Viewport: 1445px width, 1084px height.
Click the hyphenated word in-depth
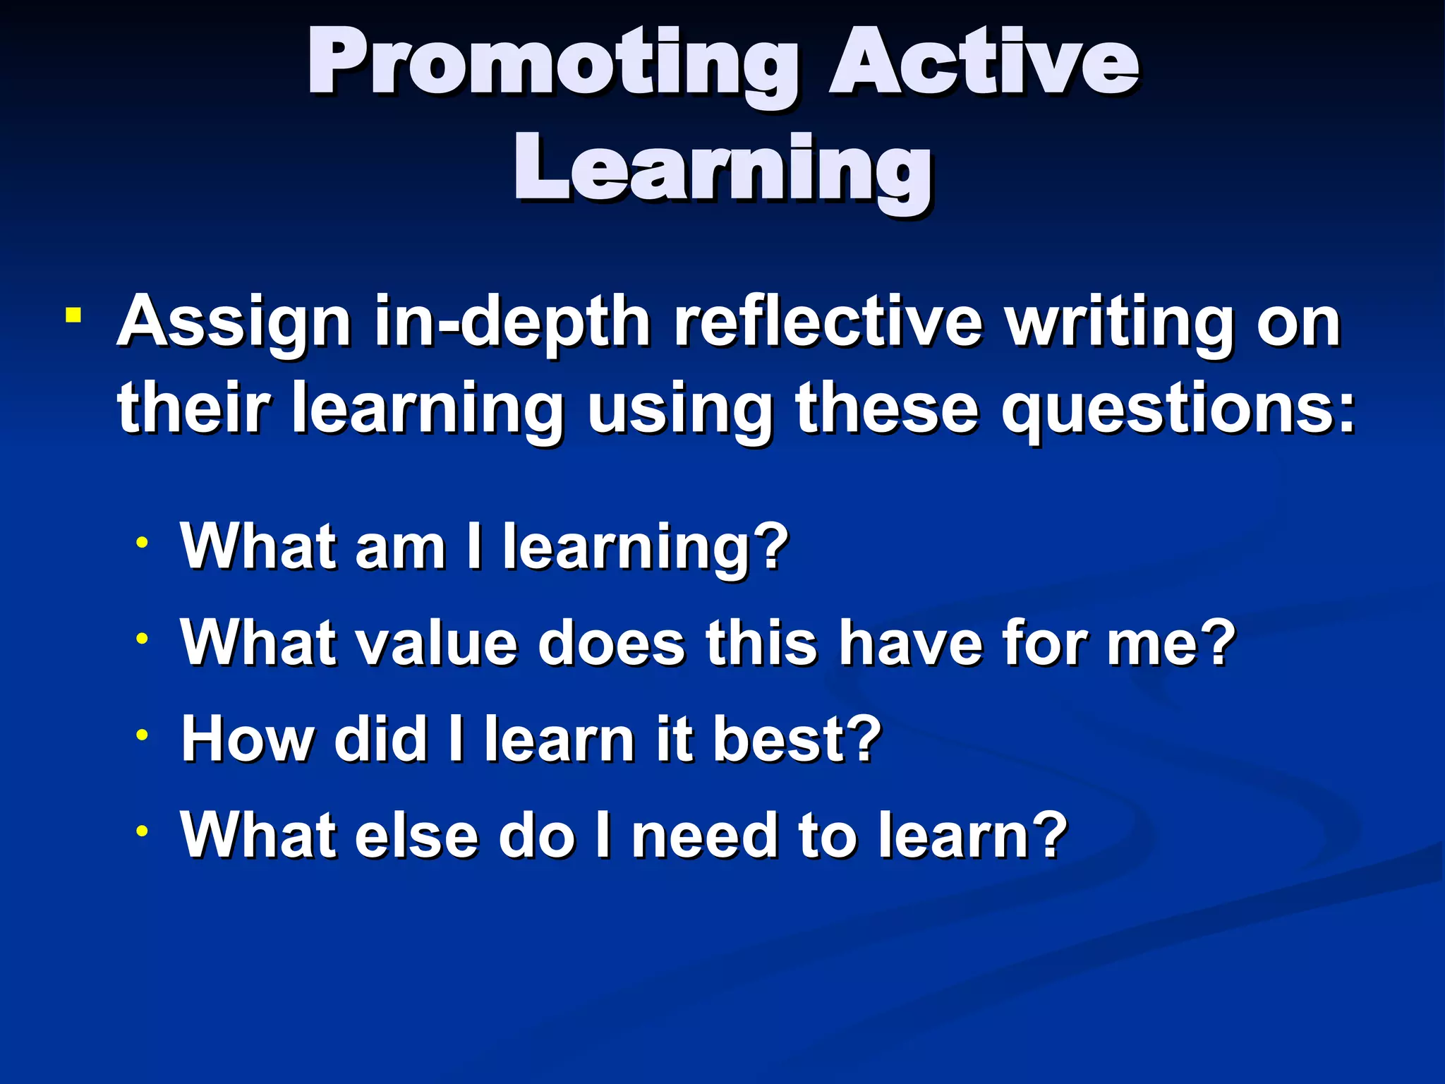(512, 323)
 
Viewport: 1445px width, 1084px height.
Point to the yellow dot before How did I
(143, 735)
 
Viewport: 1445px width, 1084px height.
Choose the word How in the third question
(247, 739)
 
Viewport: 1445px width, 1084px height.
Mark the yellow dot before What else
(143, 831)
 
